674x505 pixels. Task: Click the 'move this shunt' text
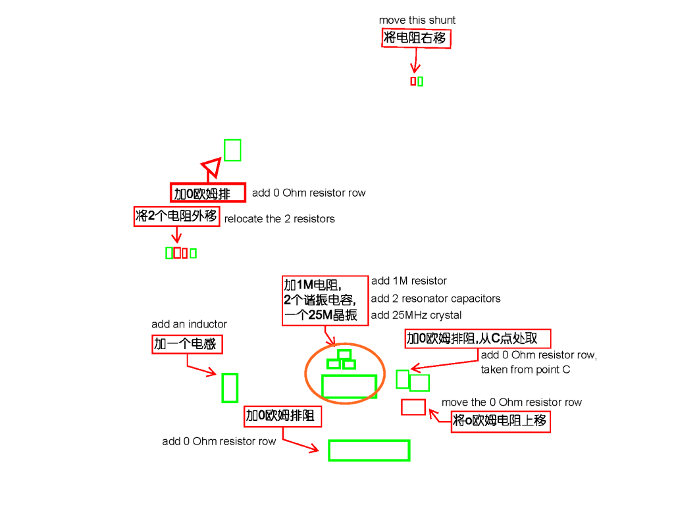[417, 20]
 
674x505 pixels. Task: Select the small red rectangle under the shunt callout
[413, 82]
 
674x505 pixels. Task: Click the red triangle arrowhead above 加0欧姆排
[211, 168]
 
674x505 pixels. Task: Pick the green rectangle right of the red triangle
[232, 150]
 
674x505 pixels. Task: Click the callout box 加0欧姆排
[208, 193]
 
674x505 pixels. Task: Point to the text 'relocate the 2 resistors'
[279, 219]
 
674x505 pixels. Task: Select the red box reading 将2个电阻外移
[176, 216]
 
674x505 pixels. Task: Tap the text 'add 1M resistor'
[409, 281]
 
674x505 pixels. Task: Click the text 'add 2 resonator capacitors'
[436, 299]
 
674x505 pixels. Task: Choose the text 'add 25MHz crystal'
[417, 316]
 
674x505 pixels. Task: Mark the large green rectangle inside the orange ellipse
[349, 387]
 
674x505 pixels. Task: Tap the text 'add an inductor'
[189, 324]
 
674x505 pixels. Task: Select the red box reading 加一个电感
[188, 345]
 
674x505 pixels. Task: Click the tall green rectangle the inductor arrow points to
[230, 387]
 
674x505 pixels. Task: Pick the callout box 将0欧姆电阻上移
[500, 421]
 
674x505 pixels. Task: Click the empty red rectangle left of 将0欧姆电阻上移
[413, 407]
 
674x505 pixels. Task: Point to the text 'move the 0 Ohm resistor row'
[511, 402]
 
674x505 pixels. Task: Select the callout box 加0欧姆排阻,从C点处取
[477, 339]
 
